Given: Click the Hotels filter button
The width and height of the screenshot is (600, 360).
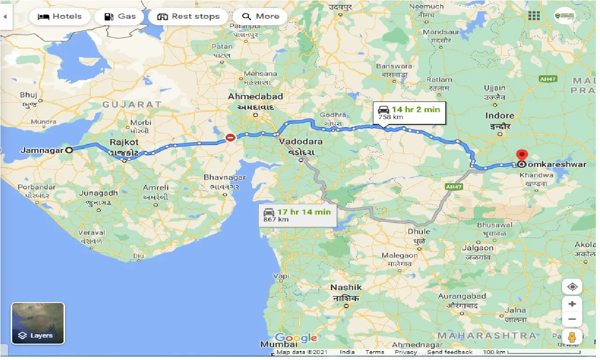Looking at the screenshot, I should point(59,16).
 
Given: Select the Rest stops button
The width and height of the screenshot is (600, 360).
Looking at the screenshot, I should point(188,16).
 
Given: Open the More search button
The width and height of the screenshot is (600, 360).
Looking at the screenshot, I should point(260,16).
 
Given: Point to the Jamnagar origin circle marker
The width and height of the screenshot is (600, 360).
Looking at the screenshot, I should point(69,150).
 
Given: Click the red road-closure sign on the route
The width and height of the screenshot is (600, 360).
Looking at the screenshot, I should point(230,137).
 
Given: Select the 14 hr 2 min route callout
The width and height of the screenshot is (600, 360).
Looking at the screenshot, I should point(409,113).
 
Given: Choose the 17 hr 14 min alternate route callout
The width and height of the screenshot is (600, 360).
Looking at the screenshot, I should point(298,215).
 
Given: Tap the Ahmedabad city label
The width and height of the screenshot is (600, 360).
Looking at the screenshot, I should point(255,97).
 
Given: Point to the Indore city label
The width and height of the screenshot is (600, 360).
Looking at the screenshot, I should point(500,115).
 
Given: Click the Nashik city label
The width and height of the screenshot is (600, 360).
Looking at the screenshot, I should point(346,287).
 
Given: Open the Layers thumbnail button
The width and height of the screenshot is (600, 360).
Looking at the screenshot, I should point(38,323).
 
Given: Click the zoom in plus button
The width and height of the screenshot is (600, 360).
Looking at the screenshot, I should point(572,304).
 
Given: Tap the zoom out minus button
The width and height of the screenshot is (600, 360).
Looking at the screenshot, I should point(572,320).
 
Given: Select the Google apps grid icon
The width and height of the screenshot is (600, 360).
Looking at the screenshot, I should point(534,16).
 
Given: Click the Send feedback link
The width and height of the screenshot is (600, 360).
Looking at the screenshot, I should point(450,352).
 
